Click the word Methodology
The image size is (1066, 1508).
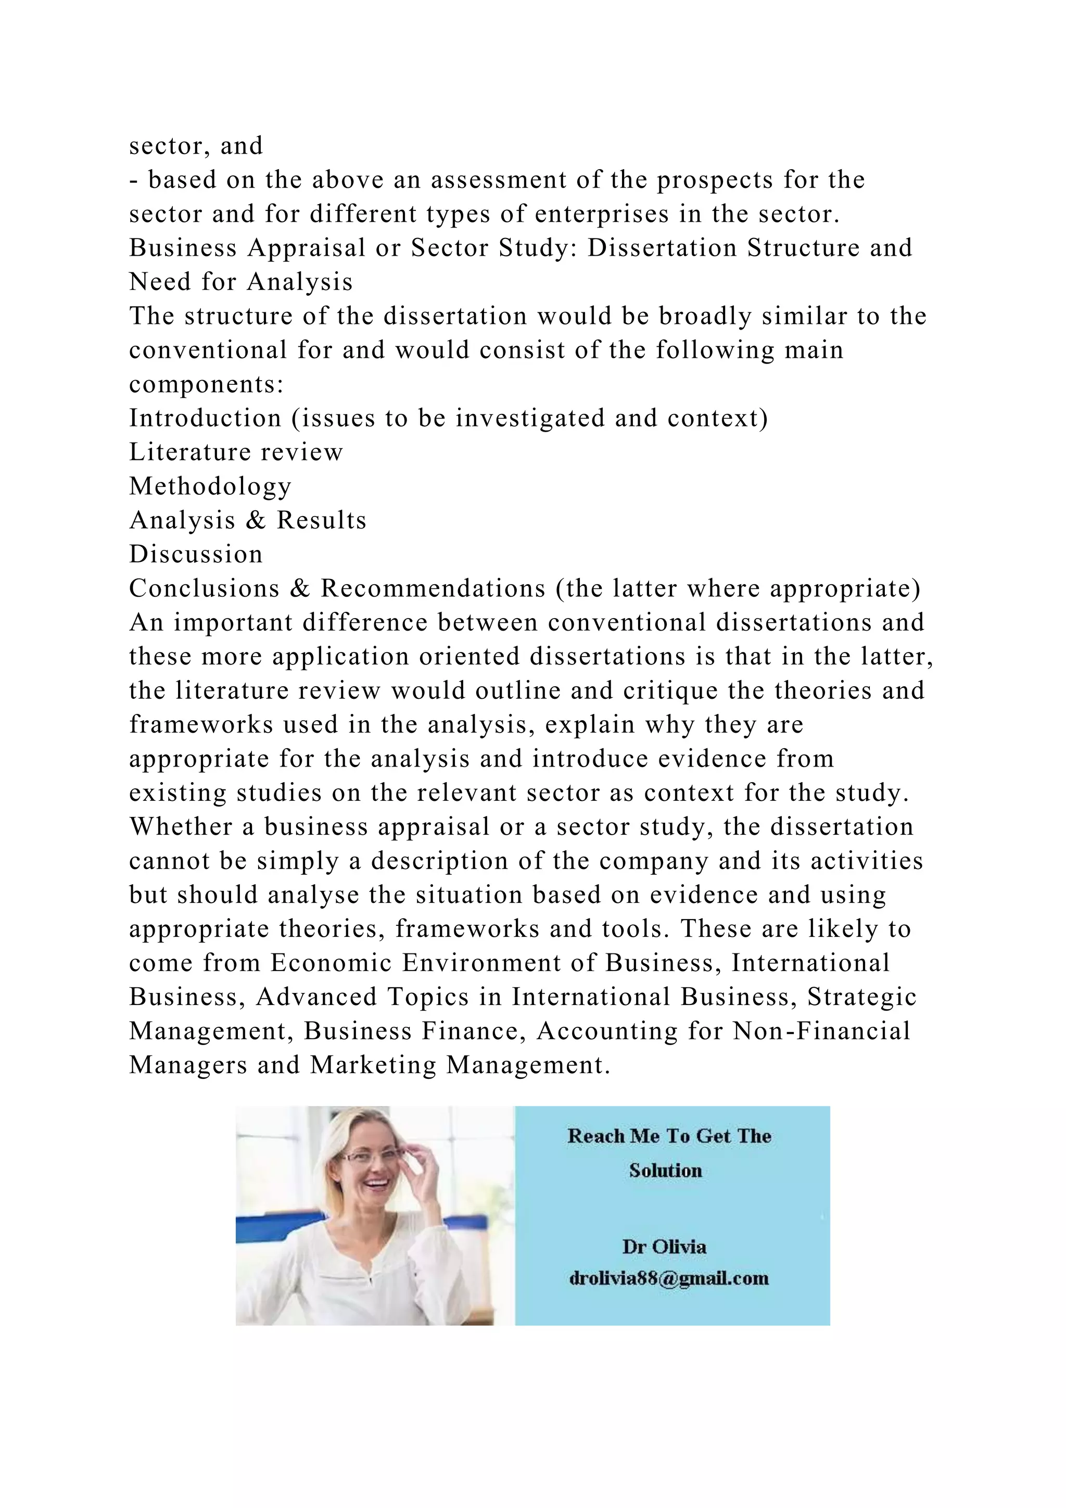[x=210, y=487]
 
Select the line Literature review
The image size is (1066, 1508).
[x=236, y=453]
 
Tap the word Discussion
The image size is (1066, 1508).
[x=196, y=555]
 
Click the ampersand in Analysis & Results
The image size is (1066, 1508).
[x=256, y=521]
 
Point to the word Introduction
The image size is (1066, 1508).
[x=205, y=418]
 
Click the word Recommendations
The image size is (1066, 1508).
[x=433, y=588]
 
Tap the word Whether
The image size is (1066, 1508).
[x=181, y=827]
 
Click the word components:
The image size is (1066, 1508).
[x=206, y=384]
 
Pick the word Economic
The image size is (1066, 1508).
[x=331, y=963]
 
